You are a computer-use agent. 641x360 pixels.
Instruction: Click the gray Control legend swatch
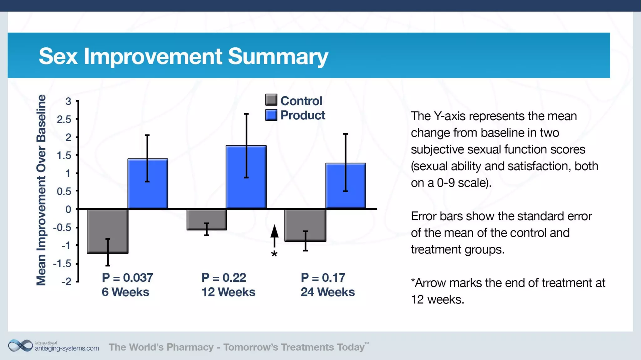[x=271, y=100]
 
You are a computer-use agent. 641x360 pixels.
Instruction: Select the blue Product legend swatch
[x=271, y=115]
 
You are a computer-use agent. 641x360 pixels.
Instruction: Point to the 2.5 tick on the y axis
[x=64, y=119]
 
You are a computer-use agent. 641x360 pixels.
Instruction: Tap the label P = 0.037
[x=127, y=277]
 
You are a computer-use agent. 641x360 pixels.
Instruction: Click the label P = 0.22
[x=223, y=277]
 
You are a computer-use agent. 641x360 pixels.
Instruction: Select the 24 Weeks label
[x=327, y=292]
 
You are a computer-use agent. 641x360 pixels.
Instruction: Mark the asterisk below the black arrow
[x=274, y=254]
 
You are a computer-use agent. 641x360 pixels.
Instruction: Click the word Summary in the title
[x=278, y=56]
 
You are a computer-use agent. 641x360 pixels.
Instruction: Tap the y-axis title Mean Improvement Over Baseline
[x=41, y=190]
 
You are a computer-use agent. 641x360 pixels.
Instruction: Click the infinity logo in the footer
[x=20, y=346]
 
